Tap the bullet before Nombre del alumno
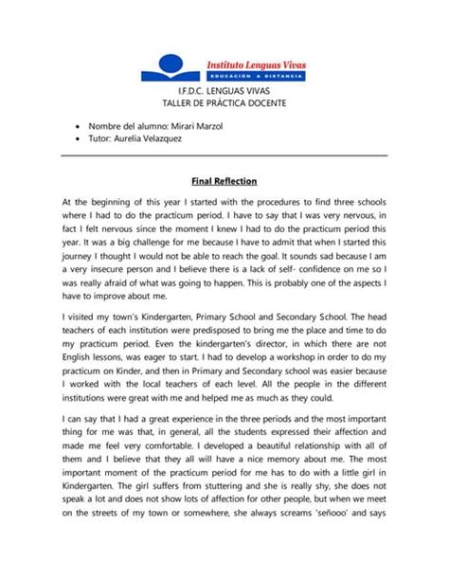coord(75,126)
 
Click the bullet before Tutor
coord(75,138)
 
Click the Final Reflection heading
coord(224,181)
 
